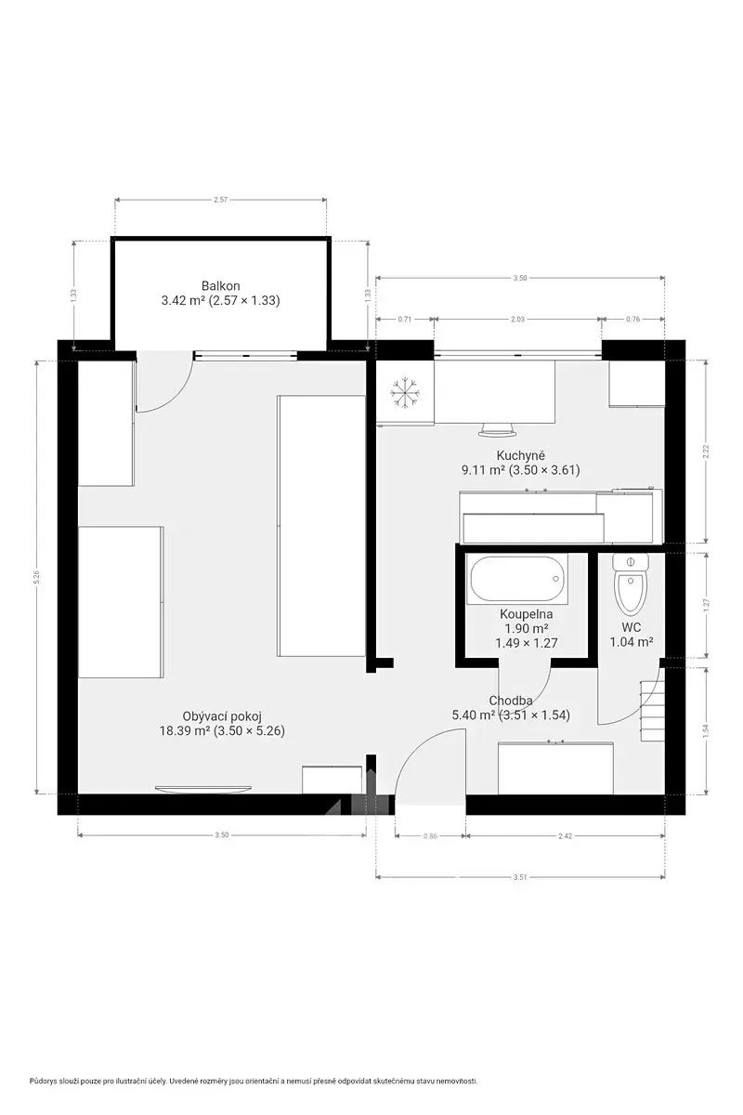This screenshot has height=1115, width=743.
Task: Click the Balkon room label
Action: [x=220, y=286]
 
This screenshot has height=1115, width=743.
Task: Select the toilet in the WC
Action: [x=631, y=584]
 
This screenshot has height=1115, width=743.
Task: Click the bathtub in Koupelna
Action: [x=517, y=579]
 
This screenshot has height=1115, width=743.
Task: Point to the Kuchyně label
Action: [x=520, y=455]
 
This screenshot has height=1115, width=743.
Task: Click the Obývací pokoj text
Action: [x=222, y=716]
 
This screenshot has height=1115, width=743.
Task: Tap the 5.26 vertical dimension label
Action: [x=36, y=577]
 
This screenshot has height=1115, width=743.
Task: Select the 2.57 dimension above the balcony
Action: [x=220, y=200]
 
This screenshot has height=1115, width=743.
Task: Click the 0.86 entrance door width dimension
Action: [x=430, y=835]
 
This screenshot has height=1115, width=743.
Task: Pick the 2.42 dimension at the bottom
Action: [x=565, y=835]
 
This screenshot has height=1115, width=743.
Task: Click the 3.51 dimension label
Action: [x=520, y=877]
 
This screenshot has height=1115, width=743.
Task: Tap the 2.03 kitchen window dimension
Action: [x=517, y=319]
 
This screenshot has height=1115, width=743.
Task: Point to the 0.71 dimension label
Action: [x=405, y=319]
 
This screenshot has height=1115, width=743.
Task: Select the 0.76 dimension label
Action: [x=632, y=319]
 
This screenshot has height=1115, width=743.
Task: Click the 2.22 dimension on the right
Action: [x=706, y=451]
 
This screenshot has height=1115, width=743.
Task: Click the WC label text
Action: [x=631, y=626]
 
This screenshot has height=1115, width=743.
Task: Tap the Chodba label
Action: [x=511, y=701]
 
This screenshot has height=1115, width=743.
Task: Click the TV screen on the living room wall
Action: [x=203, y=789]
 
